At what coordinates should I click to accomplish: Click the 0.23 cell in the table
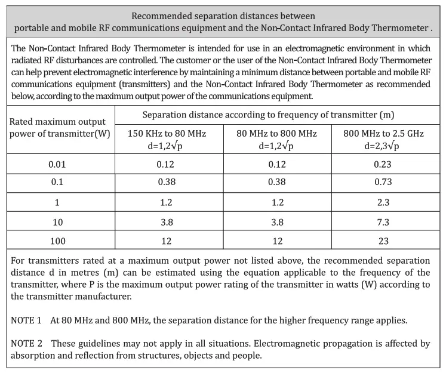click(383, 164)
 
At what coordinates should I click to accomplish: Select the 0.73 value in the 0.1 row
click(383, 183)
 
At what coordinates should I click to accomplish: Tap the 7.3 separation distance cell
click(383, 221)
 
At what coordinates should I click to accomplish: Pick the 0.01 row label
click(57, 164)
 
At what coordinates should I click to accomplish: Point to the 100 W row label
click(57, 241)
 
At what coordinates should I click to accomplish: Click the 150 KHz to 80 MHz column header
click(167, 134)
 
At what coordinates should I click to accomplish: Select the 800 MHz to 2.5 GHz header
click(383, 134)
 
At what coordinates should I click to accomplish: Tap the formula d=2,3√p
click(383, 145)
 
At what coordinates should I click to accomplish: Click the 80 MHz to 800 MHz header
click(277, 134)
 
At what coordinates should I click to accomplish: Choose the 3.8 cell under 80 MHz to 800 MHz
click(277, 221)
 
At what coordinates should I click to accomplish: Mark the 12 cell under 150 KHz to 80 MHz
click(167, 241)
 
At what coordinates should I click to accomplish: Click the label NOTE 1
click(26, 320)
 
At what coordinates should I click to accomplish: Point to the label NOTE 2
click(26, 344)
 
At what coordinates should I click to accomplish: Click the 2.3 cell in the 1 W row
click(383, 202)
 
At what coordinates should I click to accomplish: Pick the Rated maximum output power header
click(60, 128)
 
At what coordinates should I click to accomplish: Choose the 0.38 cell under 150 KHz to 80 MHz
click(167, 183)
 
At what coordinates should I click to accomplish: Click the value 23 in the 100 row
click(383, 241)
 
